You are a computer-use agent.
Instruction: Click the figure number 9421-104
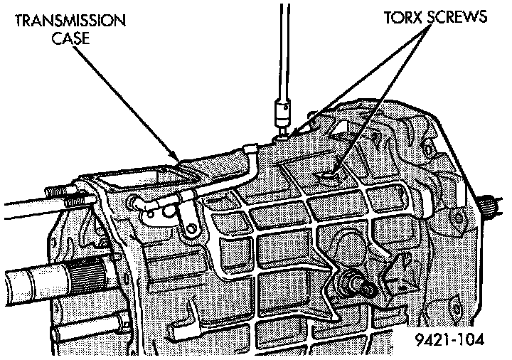[x=450, y=341]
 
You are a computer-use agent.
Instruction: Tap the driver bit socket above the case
[x=282, y=112]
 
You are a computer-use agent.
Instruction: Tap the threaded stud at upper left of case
[x=64, y=195]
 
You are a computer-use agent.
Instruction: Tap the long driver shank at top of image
[x=283, y=50]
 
